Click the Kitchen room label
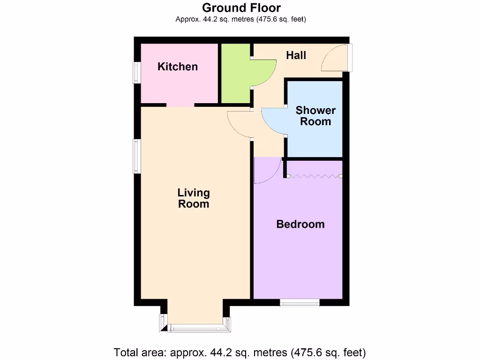click(x=178, y=67)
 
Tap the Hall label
click(x=296, y=55)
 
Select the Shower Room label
click(x=315, y=116)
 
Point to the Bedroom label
click(x=300, y=224)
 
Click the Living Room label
click(x=194, y=198)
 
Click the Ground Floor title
click(x=241, y=7)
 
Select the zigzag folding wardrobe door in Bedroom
click(x=314, y=176)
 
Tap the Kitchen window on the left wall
click(x=136, y=73)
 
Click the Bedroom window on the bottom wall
click(x=300, y=303)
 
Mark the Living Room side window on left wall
click(x=136, y=156)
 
